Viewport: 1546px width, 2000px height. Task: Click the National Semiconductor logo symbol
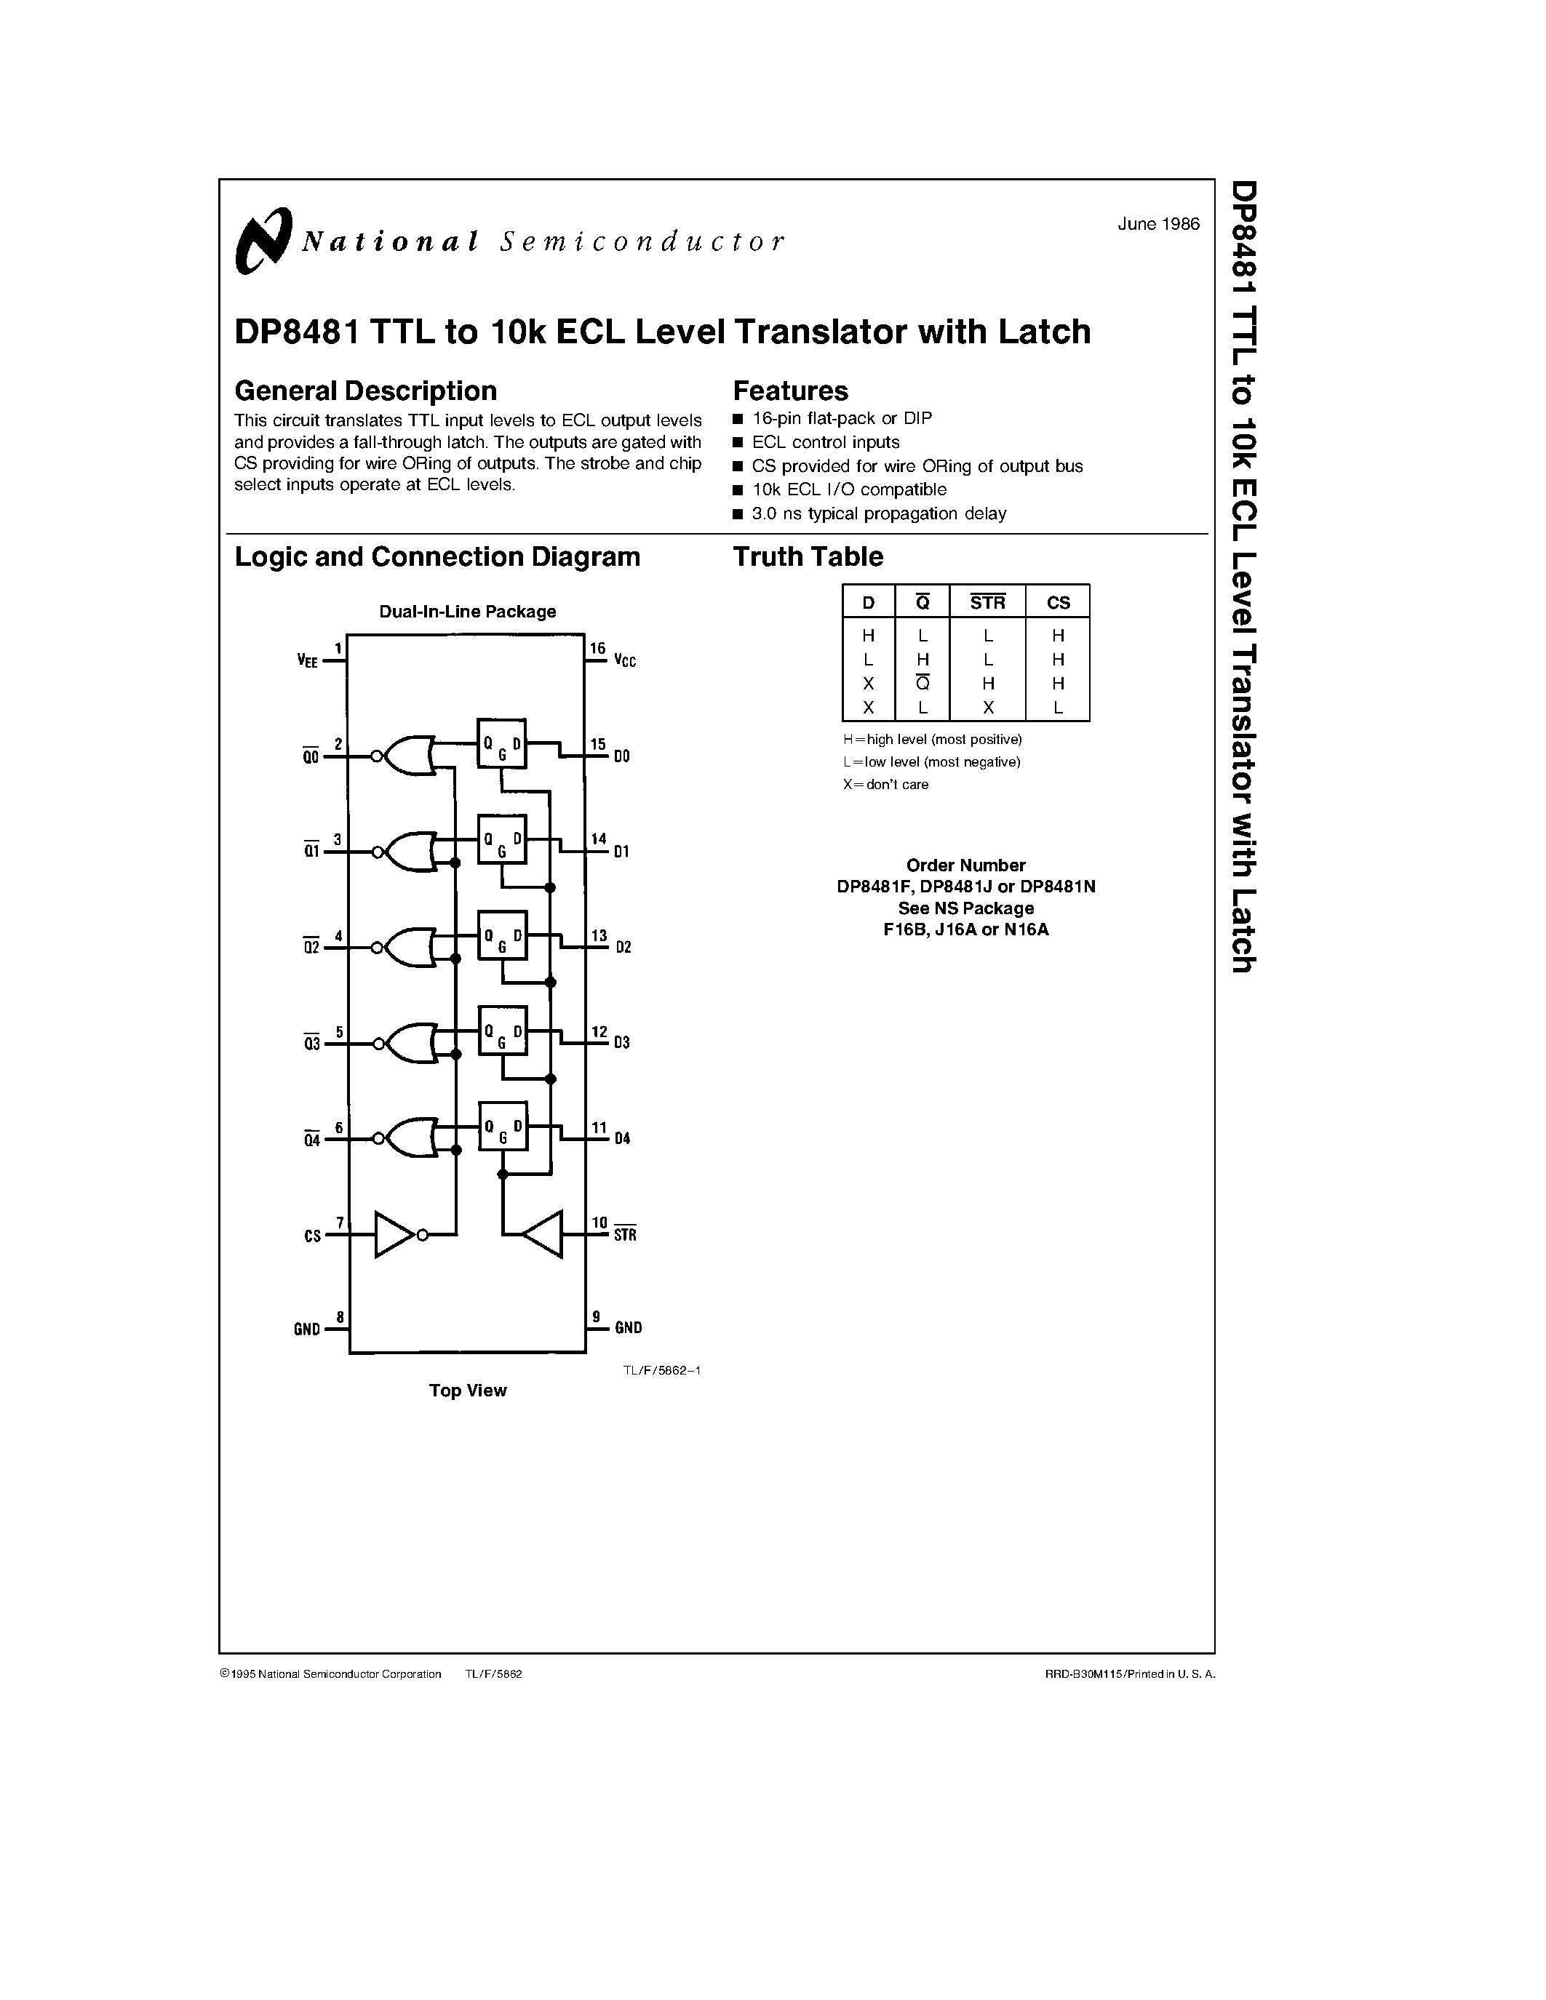point(263,240)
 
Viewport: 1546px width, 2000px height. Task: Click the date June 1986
point(1157,224)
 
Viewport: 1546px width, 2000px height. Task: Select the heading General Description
point(365,391)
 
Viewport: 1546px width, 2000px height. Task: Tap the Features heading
point(790,391)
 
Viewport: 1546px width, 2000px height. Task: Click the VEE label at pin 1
point(308,660)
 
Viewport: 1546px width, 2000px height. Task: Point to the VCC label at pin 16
point(625,660)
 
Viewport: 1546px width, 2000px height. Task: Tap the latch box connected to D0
point(501,743)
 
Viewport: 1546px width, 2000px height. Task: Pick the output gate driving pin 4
point(410,947)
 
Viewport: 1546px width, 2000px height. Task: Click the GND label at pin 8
point(307,1329)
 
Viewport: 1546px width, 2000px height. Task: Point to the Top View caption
point(467,1390)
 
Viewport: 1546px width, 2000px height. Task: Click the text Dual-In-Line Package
point(467,612)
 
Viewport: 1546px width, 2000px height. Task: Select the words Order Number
point(965,865)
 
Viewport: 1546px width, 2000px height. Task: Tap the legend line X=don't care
point(885,785)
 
